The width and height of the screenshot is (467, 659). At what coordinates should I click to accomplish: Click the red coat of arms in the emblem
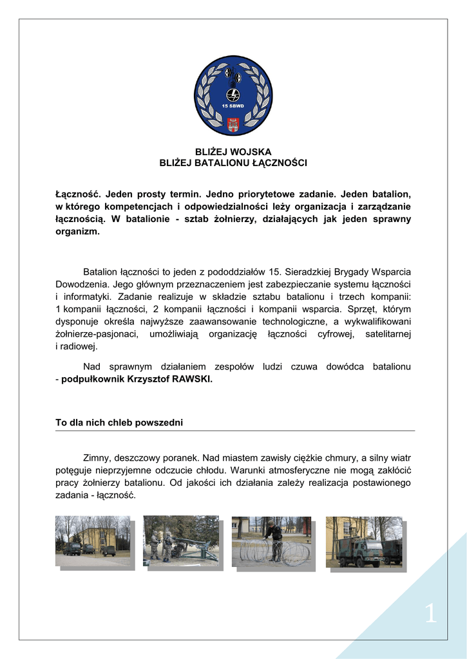click(x=233, y=124)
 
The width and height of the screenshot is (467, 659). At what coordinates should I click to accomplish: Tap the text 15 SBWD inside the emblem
click(x=233, y=106)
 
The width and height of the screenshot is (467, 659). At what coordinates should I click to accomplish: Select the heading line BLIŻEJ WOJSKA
click(x=233, y=152)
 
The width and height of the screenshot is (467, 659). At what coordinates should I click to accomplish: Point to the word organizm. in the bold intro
click(x=77, y=231)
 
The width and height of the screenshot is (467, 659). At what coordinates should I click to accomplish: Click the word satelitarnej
click(x=388, y=334)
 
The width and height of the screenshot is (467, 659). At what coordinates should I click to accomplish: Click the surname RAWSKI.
click(x=192, y=379)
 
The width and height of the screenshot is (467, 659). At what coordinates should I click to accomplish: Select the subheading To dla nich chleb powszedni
click(x=119, y=423)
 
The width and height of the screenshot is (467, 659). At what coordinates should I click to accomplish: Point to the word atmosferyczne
click(x=319, y=470)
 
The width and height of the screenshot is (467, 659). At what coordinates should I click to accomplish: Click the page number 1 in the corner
click(x=430, y=615)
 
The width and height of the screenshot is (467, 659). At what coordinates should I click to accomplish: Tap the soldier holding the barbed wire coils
click(x=275, y=539)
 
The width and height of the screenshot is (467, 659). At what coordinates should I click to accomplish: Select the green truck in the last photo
click(x=359, y=552)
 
